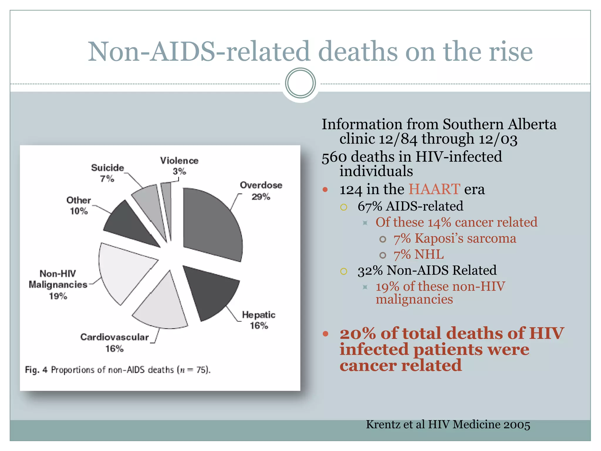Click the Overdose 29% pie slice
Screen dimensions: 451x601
pos(211,223)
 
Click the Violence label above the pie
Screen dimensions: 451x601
pos(179,161)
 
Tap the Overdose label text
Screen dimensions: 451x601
pos(261,185)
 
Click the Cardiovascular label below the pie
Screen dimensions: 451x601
pos(114,337)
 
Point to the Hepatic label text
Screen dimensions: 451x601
pos(259,315)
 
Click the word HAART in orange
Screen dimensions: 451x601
pos(434,189)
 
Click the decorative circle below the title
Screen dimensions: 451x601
pos(300,83)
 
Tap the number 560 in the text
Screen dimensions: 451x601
pos(334,157)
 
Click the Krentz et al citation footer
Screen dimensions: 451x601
pos(448,425)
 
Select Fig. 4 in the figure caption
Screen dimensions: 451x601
pos(36,370)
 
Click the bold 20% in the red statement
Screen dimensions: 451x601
pos(357,334)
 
